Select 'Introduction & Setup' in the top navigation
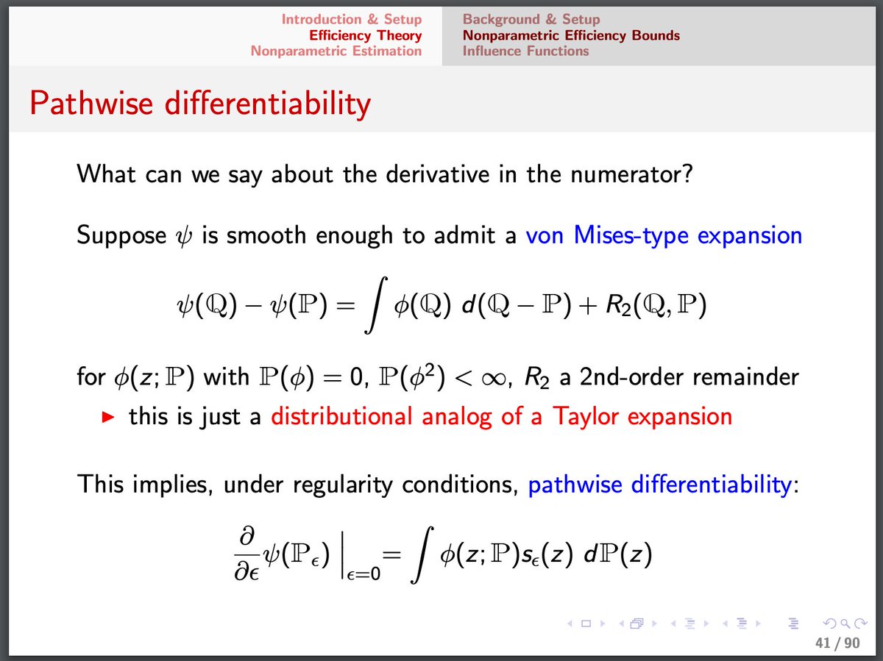[351, 20]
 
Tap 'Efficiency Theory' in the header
[365, 35]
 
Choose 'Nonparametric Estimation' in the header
[336, 51]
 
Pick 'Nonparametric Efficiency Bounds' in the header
[571, 35]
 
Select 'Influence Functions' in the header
[525, 51]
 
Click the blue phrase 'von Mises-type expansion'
[664, 236]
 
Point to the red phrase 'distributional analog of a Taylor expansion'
[501, 417]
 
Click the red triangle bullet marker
[109, 418]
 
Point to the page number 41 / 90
[837, 643]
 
